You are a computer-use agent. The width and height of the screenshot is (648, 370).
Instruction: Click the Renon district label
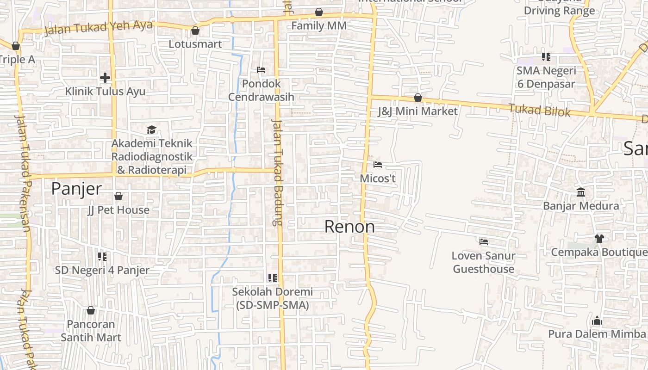pos(349,227)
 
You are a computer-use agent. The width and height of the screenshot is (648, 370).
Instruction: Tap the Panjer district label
pos(76,189)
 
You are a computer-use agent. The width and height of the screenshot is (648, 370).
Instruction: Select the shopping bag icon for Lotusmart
pos(195,31)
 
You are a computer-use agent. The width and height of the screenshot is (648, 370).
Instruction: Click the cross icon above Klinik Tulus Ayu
pos(105,77)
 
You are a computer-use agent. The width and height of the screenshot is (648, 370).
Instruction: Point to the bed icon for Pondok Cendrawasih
pos(261,70)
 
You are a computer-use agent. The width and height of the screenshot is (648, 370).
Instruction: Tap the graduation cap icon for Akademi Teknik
pos(151,129)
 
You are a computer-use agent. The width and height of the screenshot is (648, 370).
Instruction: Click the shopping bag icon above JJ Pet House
pos(118,196)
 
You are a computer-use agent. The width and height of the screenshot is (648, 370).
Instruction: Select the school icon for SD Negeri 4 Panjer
pos(102,256)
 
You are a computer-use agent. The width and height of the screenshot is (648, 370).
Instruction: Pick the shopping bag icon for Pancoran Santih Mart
pos(91,310)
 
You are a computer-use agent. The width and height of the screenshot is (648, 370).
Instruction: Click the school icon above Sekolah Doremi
pos(273,278)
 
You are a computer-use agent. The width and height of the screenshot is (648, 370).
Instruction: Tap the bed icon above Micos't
pos(378,164)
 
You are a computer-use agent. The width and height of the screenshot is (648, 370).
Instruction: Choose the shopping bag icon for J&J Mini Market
pos(418,98)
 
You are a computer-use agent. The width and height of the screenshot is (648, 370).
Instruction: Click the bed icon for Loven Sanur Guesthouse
pos(484,241)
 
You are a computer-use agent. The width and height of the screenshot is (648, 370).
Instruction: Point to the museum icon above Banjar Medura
pos(581,192)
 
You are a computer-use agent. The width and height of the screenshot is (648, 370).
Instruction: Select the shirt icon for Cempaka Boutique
pos(599,238)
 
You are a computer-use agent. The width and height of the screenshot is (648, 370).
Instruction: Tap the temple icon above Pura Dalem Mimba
pos(597,320)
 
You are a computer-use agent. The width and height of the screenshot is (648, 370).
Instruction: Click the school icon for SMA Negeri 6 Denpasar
pos(546,57)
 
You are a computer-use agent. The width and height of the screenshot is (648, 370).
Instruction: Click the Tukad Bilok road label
pos(539,111)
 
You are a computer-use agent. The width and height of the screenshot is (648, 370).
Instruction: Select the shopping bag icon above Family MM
pos(319,12)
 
